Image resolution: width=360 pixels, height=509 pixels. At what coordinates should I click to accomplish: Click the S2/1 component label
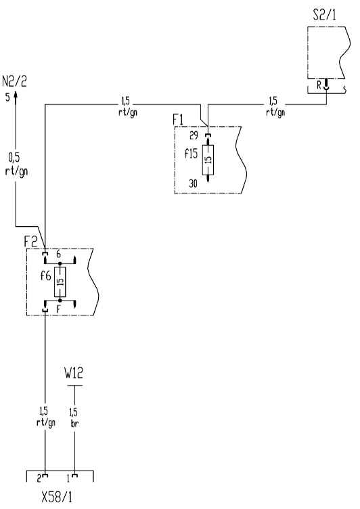(x=324, y=15)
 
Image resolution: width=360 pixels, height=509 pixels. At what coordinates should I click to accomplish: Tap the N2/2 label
(x=14, y=81)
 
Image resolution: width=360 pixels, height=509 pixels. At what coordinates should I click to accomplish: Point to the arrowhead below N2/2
(x=16, y=97)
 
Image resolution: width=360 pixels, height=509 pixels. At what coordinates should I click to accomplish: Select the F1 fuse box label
(x=178, y=120)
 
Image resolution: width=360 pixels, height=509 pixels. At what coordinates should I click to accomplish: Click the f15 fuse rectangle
(x=208, y=160)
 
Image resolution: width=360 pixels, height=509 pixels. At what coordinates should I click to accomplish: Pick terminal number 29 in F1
(x=194, y=135)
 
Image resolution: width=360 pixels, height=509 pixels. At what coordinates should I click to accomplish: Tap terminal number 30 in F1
(x=193, y=183)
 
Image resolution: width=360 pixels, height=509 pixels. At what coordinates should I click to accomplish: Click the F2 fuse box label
(x=31, y=242)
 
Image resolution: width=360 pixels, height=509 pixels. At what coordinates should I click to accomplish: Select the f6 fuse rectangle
(x=60, y=282)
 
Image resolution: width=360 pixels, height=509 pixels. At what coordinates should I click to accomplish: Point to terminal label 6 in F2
(x=58, y=255)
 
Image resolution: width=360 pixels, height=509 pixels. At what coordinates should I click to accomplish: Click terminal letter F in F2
(x=58, y=309)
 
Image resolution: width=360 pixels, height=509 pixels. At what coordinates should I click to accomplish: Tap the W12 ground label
(x=74, y=373)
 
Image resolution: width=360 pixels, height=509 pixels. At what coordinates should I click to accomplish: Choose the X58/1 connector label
(x=57, y=497)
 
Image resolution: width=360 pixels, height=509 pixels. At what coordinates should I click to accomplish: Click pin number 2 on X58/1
(x=39, y=479)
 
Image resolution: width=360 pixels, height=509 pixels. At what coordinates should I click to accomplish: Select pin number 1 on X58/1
(x=68, y=479)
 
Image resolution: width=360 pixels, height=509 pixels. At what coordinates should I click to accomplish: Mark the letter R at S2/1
(x=319, y=85)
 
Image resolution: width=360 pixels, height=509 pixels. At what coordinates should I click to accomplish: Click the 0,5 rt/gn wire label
(x=16, y=164)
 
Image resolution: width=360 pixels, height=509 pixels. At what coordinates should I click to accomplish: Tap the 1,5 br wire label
(x=74, y=418)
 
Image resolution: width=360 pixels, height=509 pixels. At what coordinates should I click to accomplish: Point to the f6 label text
(x=46, y=276)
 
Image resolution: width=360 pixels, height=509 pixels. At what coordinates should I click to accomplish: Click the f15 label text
(x=191, y=153)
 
